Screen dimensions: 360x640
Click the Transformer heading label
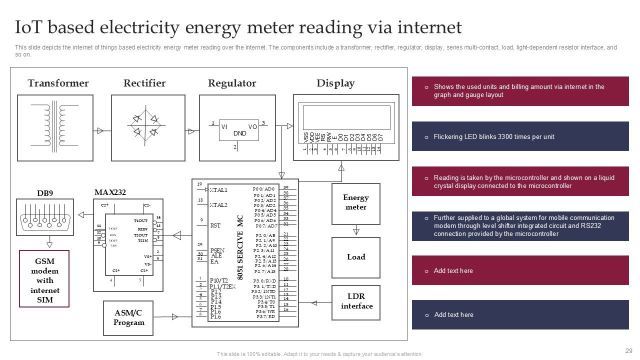point(58,83)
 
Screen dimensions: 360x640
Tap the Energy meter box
point(355,202)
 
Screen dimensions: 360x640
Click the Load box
point(355,257)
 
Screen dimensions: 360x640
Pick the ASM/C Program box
point(128,317)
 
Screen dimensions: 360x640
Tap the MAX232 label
point(110,192)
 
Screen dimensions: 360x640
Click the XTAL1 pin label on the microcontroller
point(218,190)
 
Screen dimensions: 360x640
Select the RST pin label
point(215,225)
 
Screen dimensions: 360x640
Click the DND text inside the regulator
point(239,133)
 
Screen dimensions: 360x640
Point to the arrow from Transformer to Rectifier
point(100,131)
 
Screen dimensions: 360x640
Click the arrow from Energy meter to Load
point(356,231)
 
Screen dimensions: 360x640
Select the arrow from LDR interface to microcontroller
point(315,302)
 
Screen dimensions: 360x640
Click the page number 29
point(628,351)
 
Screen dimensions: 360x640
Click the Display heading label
point(335,83)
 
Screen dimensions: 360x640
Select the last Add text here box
point(520,314)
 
